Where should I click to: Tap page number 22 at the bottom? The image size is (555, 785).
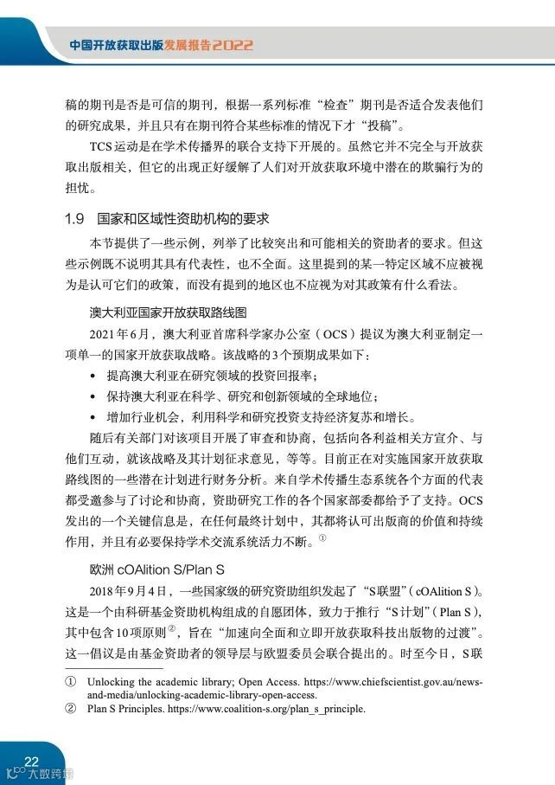32,760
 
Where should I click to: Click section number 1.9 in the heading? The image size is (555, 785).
74,218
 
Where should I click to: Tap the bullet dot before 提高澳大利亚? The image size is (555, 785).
92,376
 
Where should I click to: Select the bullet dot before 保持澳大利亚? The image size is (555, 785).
92,396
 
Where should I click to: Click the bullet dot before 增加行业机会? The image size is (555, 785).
92,417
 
